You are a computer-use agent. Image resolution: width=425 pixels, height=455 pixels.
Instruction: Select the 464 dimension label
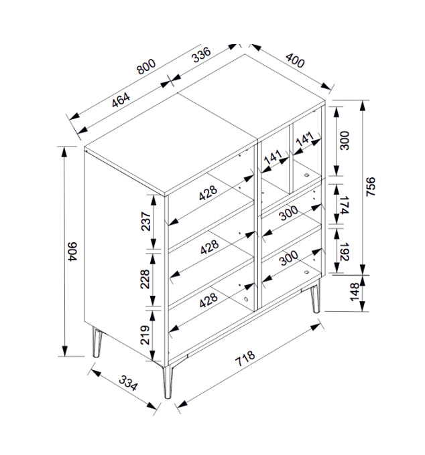point(121,100)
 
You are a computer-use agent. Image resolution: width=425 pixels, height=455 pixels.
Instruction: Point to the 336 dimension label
point(202,55)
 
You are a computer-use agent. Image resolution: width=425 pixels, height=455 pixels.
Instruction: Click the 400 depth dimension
point(295,60)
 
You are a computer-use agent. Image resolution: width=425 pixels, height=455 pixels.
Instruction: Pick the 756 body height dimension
point(371,187)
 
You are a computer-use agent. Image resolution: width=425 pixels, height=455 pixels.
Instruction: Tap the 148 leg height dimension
point(355,292)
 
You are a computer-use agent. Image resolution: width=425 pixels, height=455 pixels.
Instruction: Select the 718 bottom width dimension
point(245,358)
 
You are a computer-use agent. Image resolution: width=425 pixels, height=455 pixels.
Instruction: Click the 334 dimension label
point(128,383)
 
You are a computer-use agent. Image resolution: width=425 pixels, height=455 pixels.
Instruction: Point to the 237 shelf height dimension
point(146,221)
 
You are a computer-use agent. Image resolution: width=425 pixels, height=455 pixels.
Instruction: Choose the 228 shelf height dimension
point(145,279)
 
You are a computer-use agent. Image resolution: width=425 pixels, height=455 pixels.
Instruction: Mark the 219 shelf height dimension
point(145,335)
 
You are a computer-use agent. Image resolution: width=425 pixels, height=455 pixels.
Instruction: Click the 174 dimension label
point(344,205)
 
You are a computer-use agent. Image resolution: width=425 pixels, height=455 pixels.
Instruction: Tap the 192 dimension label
point(344,252)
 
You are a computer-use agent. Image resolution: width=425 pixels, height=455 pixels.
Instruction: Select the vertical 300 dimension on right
point(345,141)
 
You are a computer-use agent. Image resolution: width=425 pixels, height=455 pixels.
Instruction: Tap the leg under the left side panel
point(97,343)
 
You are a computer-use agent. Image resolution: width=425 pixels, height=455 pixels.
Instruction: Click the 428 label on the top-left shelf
point(208,193)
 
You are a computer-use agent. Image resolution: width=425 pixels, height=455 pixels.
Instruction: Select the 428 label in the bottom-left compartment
point(208,300)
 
